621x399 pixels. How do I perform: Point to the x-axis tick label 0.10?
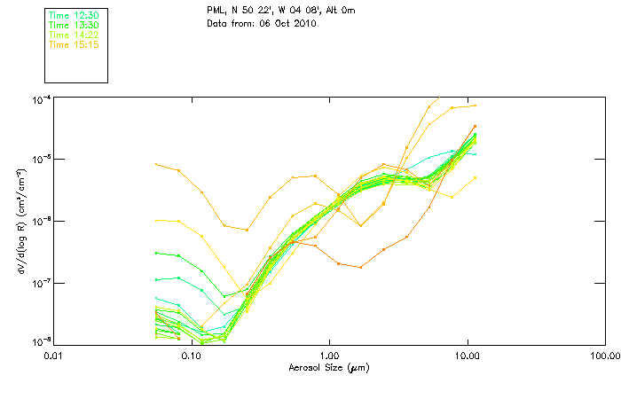tap(192, 356)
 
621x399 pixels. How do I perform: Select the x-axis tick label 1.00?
tap(329, 356)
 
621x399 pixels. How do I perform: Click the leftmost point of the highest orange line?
tap(156, 164)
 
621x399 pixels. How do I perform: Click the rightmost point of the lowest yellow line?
tap(476, 177)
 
